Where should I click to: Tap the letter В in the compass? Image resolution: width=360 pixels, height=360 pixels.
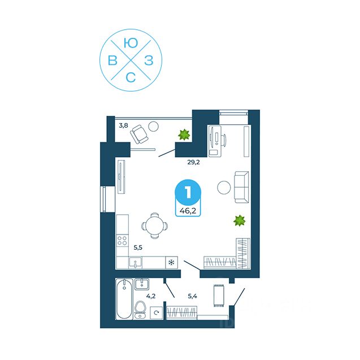(x=113, y=60)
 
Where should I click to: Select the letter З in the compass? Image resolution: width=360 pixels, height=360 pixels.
(x=148, y=60)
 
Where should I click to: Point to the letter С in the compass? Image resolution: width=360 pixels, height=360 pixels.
(x=131, y=79)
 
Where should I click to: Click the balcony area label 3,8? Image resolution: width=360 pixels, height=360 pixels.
(x=123, y=126)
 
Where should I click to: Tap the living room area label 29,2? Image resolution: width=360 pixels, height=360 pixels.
(x=194, y=162)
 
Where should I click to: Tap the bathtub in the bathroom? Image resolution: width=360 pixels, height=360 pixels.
(x=124, y=301)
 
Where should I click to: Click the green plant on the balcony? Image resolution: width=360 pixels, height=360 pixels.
(x=183, y=135)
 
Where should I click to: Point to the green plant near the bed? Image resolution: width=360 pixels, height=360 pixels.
(x=240, y=220)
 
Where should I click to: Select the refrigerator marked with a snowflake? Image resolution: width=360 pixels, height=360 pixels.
(x=170, y=262)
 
